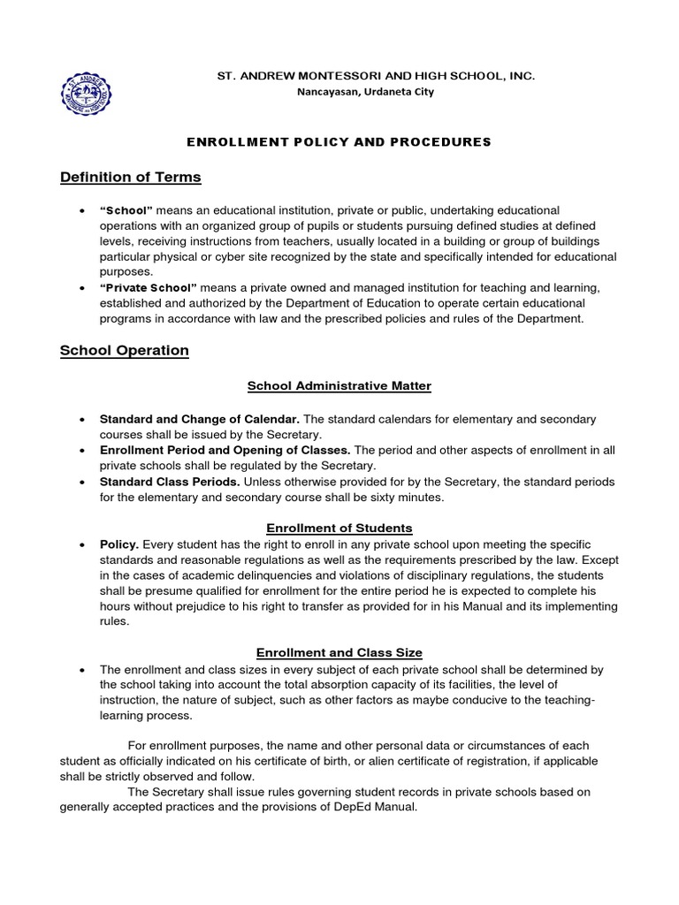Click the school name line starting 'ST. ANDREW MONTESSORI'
click(x=376, y=77)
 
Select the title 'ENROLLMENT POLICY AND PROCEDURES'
click(x=339, y=141)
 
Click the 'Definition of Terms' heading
click(x=130, y=178)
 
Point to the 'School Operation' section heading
click(x=124, y=350)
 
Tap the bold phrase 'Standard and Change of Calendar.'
click(x=199, y=418)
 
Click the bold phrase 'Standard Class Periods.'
click(x=170, y=482)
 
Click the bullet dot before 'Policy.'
click(x=81, y=544)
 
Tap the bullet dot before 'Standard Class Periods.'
click(x=81, y=483)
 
